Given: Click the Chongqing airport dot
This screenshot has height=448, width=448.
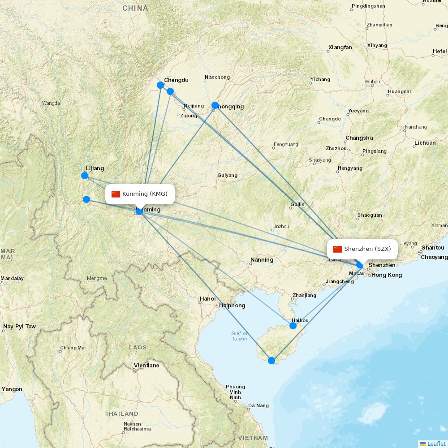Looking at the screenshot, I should point(215,106).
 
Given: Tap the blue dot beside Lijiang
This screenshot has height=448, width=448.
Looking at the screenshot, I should point(85,175).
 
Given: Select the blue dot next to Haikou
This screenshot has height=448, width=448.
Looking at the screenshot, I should point(293,326).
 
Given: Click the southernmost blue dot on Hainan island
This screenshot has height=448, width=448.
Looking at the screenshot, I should point(271,360).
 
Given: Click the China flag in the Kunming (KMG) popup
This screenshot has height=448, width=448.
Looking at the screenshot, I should point(116,194).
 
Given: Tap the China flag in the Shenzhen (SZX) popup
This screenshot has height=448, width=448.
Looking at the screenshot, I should point(338,249).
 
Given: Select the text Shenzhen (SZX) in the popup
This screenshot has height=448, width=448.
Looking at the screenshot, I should point(367,249).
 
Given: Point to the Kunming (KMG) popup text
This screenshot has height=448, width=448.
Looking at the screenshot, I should point(145,194).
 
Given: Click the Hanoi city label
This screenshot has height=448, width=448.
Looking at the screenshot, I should point(207,299).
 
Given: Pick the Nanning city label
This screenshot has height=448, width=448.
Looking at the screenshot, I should point(262,260).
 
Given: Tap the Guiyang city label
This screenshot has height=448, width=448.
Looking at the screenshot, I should point(227,175).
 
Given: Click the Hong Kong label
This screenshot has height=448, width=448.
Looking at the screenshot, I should point(386,275).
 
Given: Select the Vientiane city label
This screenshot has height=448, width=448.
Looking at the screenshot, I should point(146,366).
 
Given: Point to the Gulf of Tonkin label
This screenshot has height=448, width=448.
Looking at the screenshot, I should point(239,336).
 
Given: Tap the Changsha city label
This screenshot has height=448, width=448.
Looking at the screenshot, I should point(359,138).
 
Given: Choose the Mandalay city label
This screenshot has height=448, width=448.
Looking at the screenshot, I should point(12,278).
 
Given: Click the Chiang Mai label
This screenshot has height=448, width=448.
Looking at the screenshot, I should point(73,348).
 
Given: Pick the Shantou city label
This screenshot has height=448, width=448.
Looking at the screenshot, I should point(433,248).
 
